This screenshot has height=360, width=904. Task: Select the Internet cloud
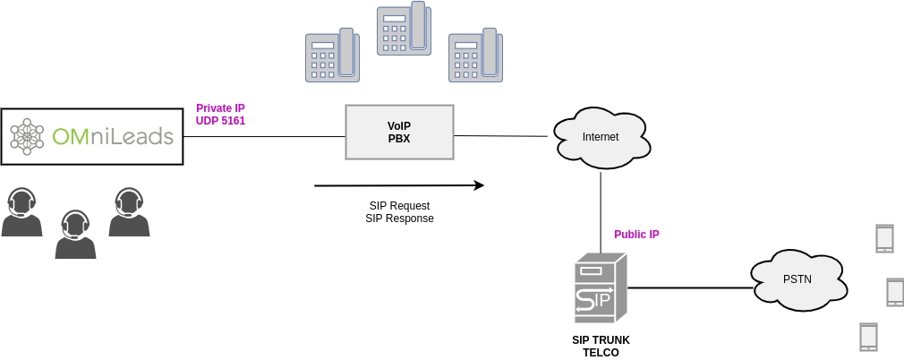pos(600,137)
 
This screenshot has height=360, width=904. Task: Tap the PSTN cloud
pos(797,279)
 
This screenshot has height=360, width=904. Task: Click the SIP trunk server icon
pos(599,288)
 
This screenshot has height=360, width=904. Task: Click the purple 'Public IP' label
pos(636,235)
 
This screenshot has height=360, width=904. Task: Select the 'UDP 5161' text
pos(220,121)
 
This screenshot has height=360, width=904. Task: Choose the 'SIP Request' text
pos(399,206)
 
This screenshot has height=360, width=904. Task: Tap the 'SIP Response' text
pos(399,219)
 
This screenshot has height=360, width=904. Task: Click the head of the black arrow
pos(479,185)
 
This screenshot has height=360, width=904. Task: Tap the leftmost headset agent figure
pos(21,212)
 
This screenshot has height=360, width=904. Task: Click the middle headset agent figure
pos(75,235)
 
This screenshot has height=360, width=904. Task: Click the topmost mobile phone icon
pos(884,238)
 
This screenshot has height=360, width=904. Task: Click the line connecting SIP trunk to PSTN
pos(689,287)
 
